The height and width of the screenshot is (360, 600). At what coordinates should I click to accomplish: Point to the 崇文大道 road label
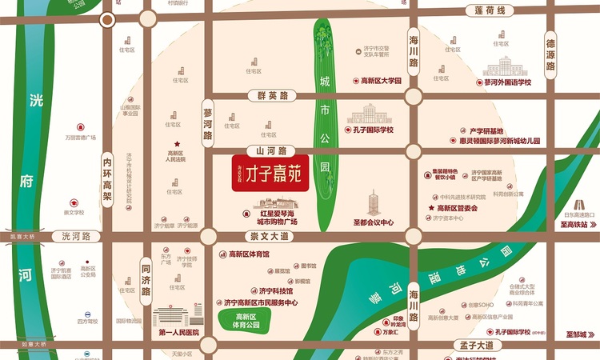[269, 238]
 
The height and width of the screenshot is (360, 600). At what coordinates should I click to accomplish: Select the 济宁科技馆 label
[275, 291]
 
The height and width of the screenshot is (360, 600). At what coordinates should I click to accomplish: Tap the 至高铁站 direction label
[574, 226]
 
